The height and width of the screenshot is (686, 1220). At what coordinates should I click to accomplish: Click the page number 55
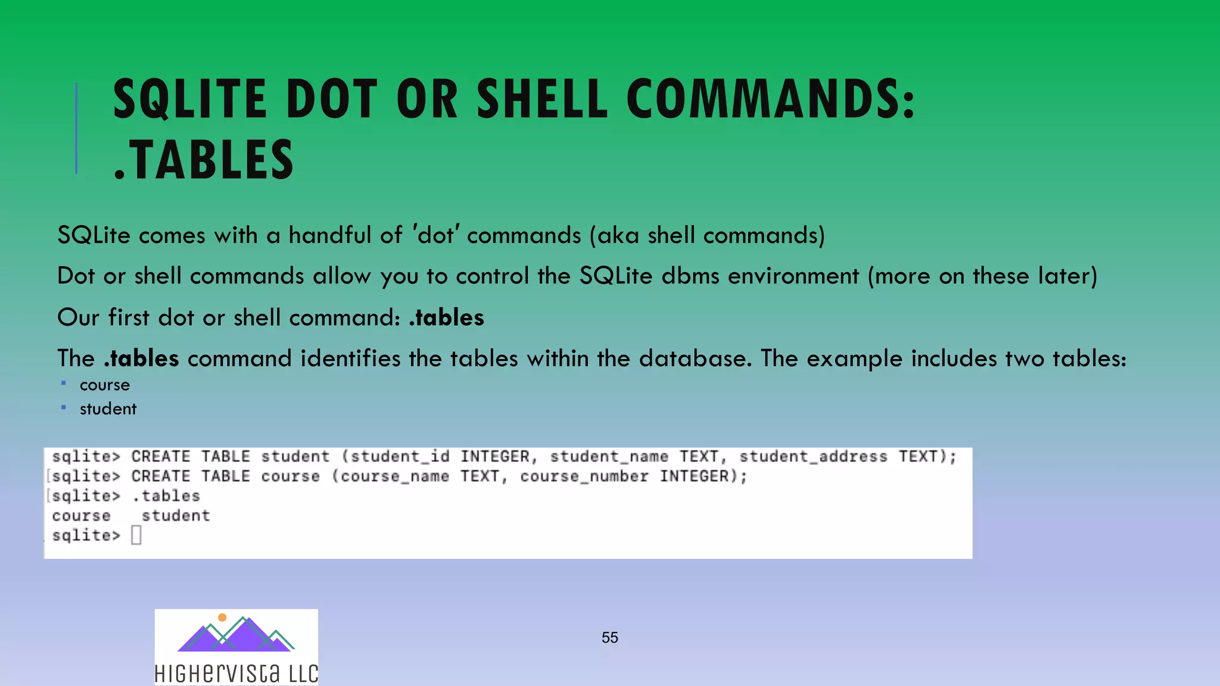tap(609, 637)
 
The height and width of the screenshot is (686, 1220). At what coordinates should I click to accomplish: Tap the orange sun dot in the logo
tap(222, 618)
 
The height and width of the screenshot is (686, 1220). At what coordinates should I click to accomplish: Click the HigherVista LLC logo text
tap(236, 673)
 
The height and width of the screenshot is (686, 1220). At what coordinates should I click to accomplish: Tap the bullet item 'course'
tap(105, 385)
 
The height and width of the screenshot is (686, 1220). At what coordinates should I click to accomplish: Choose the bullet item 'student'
tap(108, 409)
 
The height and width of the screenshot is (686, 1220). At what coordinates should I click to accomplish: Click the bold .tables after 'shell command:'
tap(446, 317)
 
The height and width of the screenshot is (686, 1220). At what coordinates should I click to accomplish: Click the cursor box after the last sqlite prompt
tap(136, 535)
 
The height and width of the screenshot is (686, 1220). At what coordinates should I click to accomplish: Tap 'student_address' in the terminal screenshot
tap(813, 457)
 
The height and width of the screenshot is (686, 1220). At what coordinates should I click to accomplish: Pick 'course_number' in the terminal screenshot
tap(584, 476)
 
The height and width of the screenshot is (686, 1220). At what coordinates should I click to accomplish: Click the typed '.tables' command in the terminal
tap(166, 496)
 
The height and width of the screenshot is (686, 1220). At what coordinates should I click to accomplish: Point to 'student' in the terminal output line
tap(176, 516)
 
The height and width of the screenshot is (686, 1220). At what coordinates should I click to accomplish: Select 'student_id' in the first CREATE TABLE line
tap(400, 457)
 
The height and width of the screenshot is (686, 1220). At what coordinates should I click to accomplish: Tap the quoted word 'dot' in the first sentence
tap(436, 235)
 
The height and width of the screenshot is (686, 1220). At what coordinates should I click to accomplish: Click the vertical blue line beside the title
tap(76, 128)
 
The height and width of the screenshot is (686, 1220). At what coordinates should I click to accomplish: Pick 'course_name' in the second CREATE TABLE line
tap(394, 476)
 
